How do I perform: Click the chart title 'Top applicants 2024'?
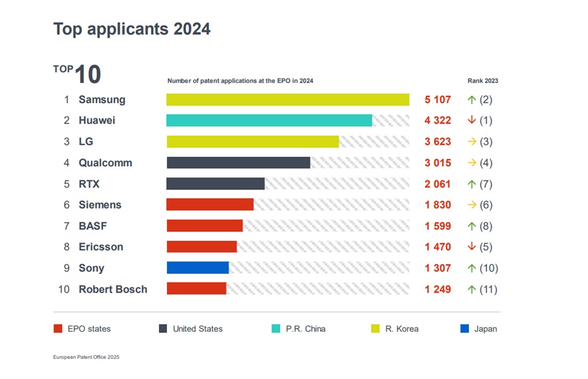(x=132, y=29)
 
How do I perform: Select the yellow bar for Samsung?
(x=287, y=100)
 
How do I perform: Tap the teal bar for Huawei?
(x=269, y=120)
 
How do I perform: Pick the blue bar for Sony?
(x=198, y=268)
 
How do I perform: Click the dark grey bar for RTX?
(x=216, y=184)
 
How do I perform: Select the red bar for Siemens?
(x=210, y=205)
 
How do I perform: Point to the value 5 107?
(x=438, y=100)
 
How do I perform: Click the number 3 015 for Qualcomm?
(x=438, y=163)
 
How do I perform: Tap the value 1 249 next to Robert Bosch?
(x=438, y=289)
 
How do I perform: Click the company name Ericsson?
(x=101, y=247)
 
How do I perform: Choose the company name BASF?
(x=92, y=226)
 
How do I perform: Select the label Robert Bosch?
(x=113, y=289)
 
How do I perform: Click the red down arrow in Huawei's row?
(x=472, y=120)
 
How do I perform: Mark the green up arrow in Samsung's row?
(x=472, y=100)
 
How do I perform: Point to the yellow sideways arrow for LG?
(x=472, y=142)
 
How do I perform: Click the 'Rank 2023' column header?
(x=483, y=81)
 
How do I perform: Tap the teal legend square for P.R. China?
(x=277, y=328)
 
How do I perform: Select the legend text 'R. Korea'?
(x=402, y=328)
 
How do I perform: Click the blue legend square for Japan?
(x=464, y=328)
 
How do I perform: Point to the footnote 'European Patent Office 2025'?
(x=86, y=357)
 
